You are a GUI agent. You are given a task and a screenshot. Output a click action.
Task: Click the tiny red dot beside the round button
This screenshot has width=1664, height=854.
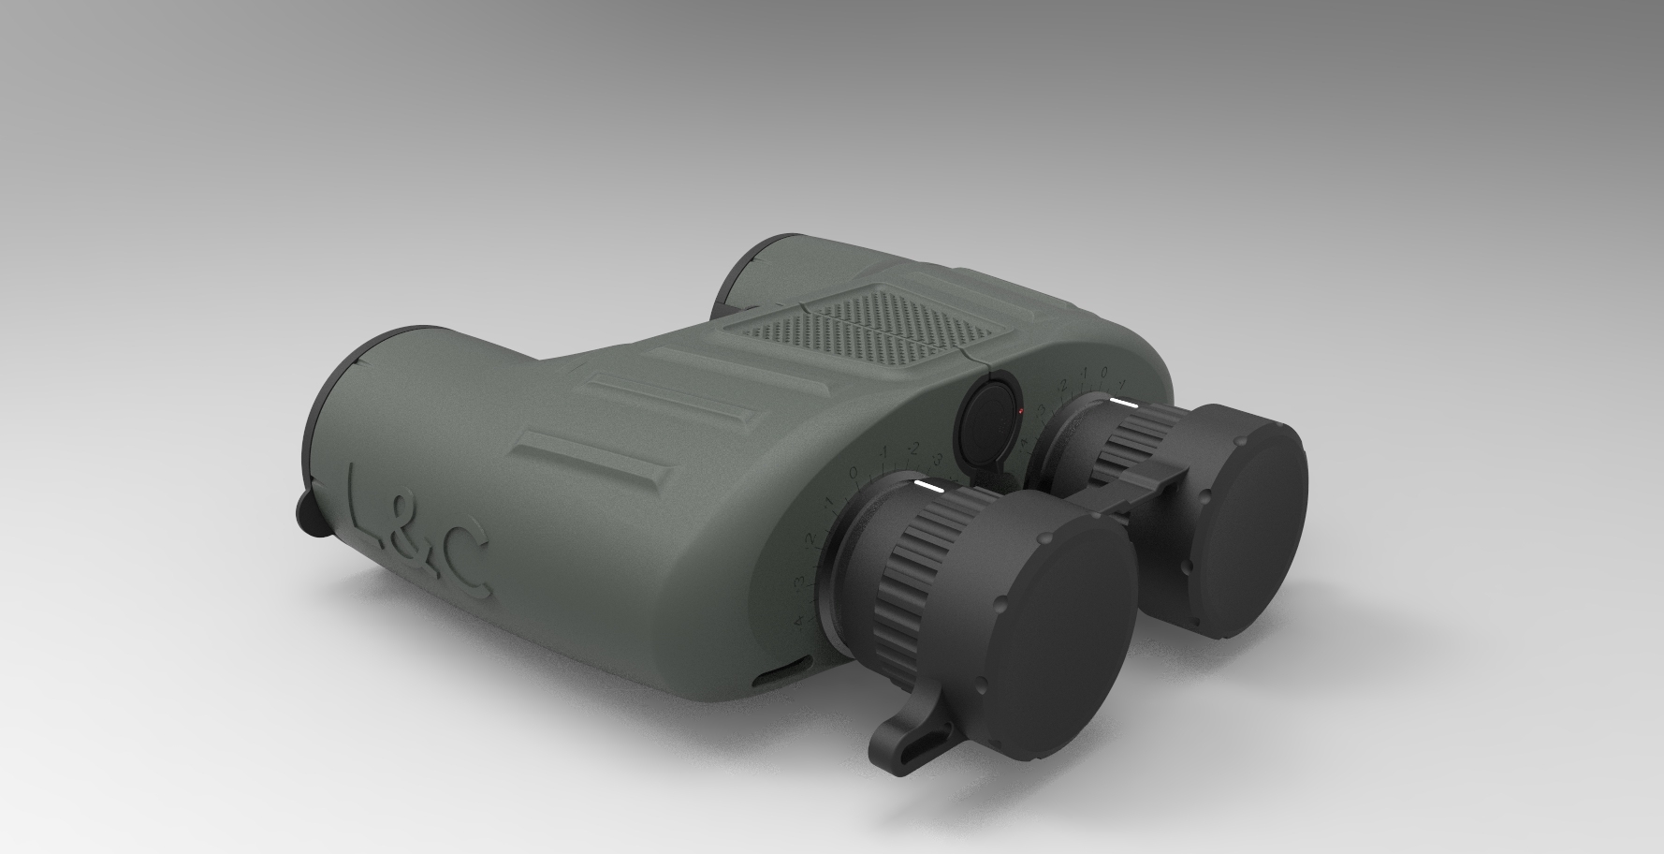click(1020, 411)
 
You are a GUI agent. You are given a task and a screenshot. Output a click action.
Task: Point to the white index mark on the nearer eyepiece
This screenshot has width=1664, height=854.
click(929, 487)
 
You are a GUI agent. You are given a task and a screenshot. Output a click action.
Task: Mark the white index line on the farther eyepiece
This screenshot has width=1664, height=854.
click(1123, 403)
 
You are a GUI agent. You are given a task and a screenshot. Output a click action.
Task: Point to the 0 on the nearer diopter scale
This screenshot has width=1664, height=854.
click(853, 475)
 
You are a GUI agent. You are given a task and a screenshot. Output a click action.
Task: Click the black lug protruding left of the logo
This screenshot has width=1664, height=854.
click(310, 516)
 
